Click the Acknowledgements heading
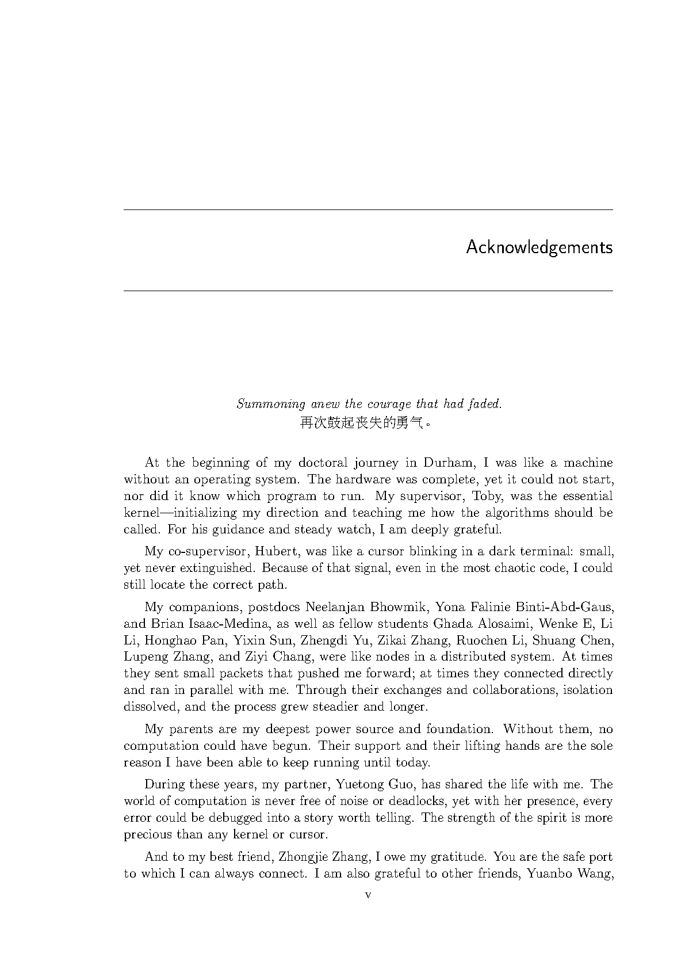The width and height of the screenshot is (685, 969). [539, 247]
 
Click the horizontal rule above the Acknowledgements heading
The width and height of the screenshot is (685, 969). [368, 210]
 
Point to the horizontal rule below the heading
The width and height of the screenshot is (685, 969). [368, 291]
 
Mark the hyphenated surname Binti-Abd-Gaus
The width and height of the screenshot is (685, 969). [565, 607]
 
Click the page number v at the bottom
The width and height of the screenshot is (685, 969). [368, 895]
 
